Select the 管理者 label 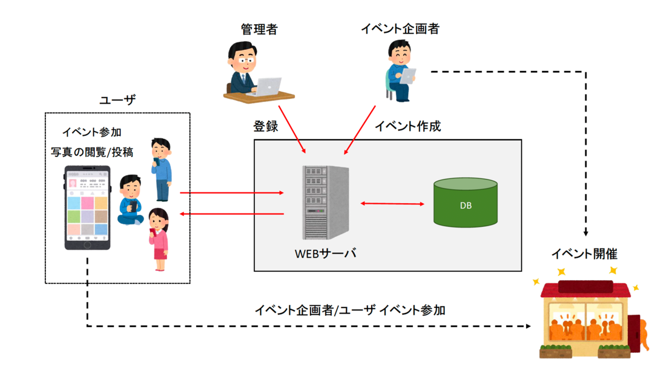click(259, 29)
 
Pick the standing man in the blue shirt click(162, 169)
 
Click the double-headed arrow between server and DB click(392, 204)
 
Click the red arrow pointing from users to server click(232, 193)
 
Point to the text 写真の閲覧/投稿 click(92, 152)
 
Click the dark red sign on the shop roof click(586, 286)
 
